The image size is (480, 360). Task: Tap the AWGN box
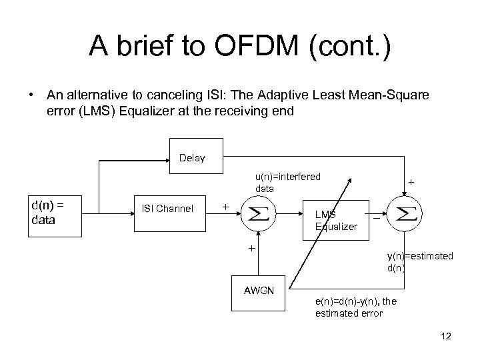pyautogui.click(x=259, y=291)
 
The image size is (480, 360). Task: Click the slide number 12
pyautogui.click(x=446, y=336)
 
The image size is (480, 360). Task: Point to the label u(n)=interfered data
pyautogui.click(x=287, y=182)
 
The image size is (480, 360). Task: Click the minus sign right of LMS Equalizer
pyautogui.click(x=377, y=218)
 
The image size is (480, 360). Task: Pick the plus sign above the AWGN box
pyautogui.click(x=252, y=249)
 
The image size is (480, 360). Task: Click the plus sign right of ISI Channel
pyautogui.click(x=226, y=207)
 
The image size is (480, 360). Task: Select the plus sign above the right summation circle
pyautogui.click(x=411, y=181)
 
